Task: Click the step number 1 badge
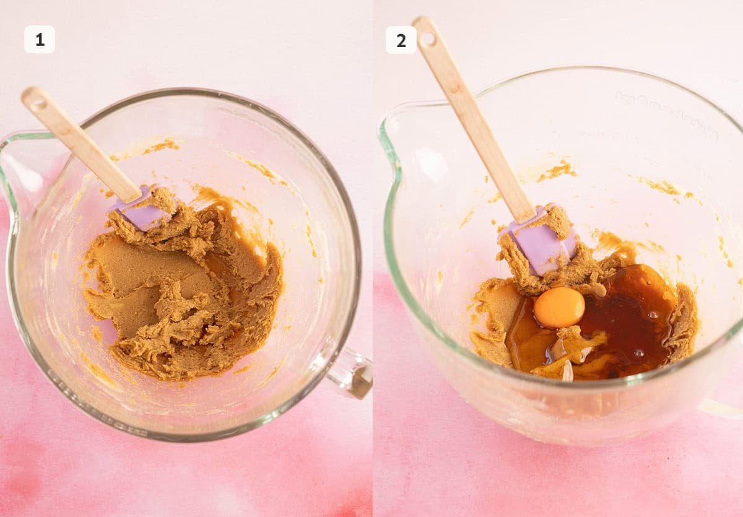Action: click(40, 40)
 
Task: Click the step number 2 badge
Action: click(401, 40)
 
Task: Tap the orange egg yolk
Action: click(559, 307)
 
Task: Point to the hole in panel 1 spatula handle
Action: click(36, 100)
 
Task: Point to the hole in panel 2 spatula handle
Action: click(427, 38)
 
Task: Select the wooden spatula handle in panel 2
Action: click(477, 124)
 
